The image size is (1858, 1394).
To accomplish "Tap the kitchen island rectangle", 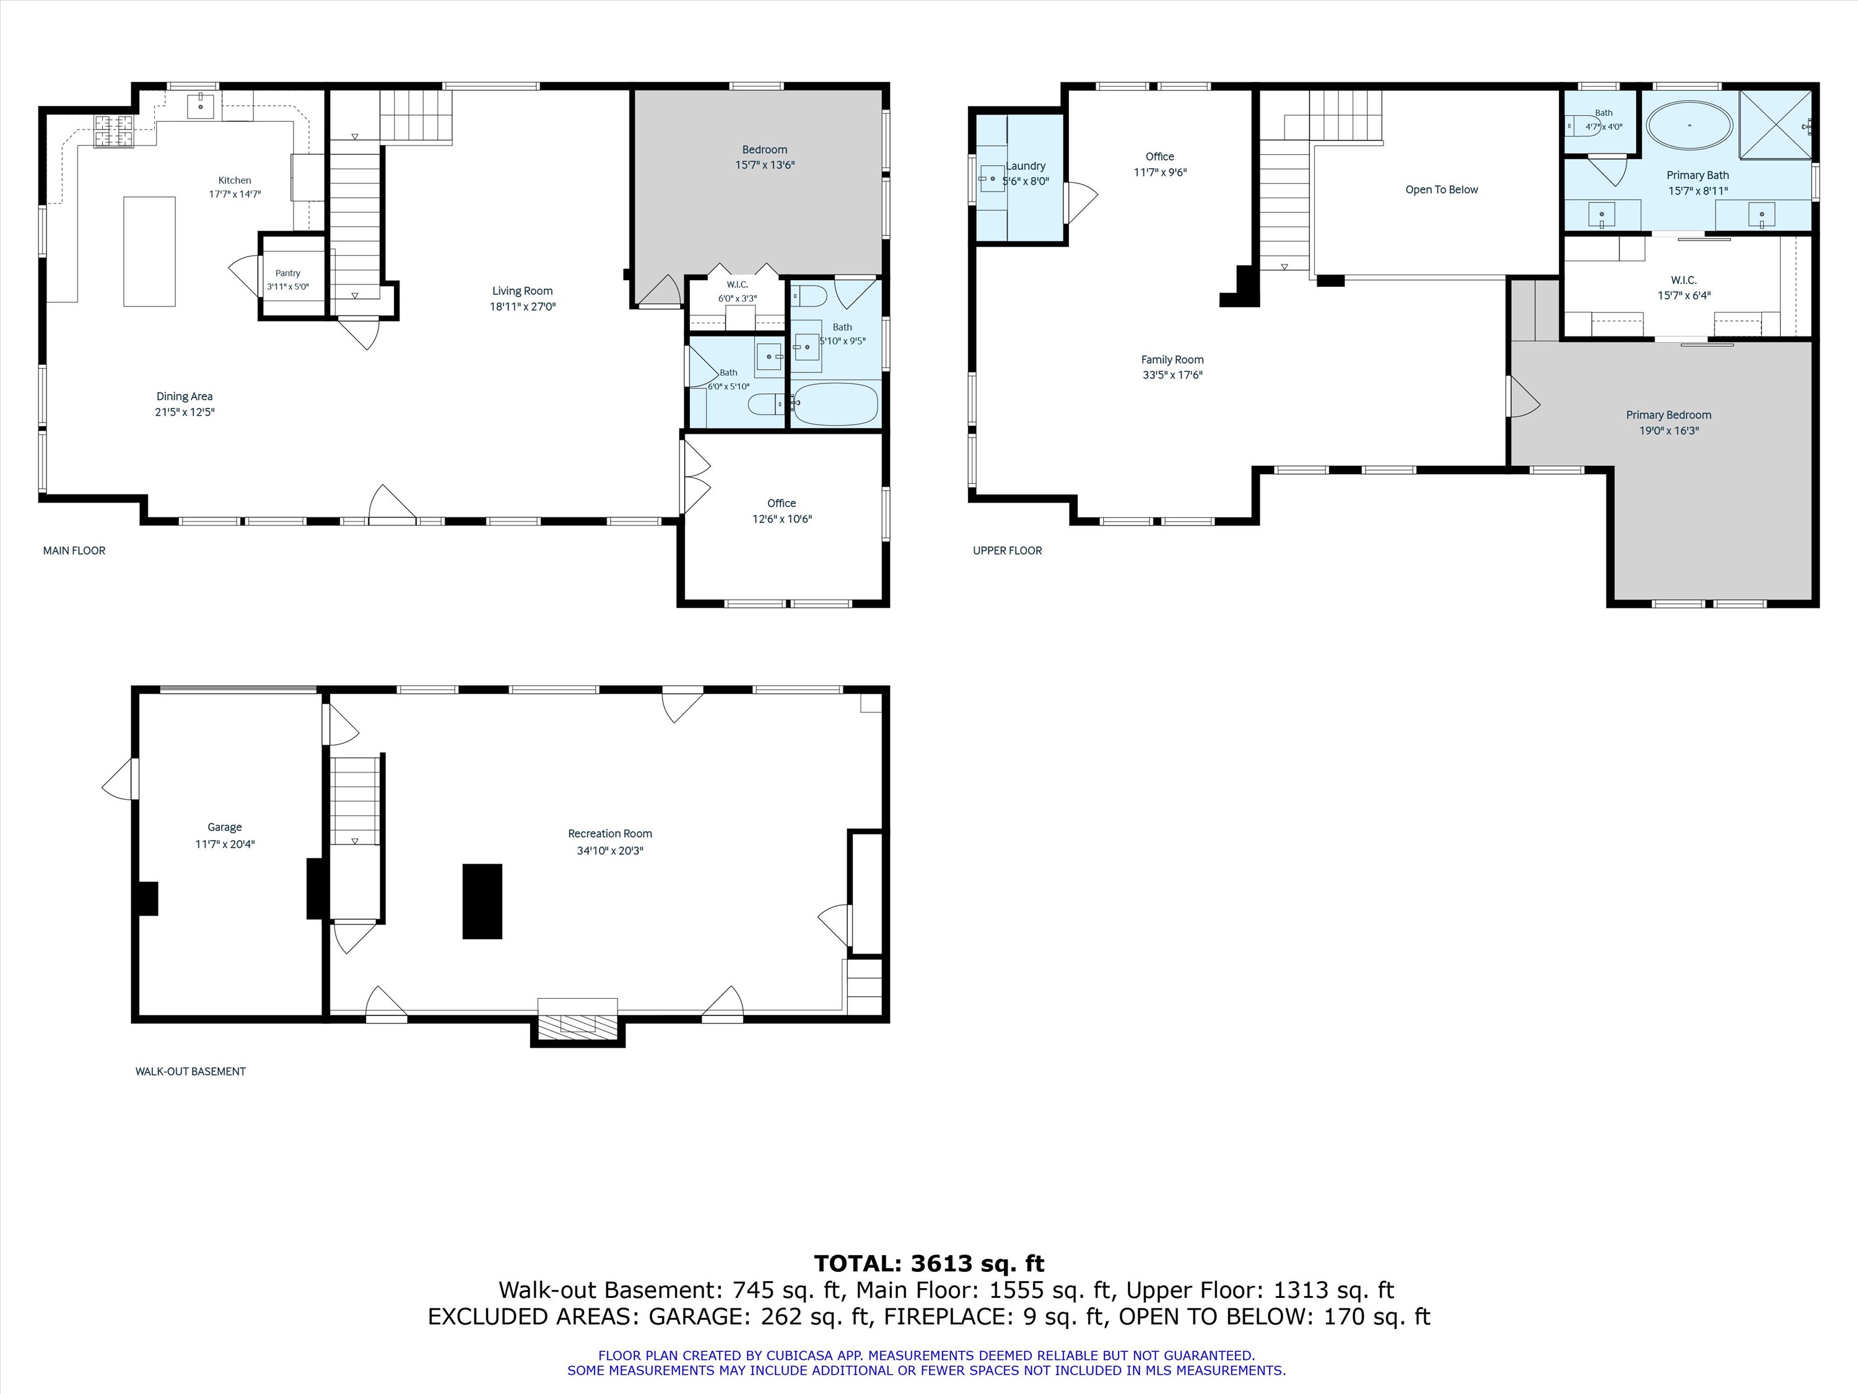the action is tap(149, 252).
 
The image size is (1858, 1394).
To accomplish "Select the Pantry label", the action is tap(287, 273).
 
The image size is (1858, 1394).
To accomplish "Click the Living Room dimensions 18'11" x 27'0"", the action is tap(523, 307).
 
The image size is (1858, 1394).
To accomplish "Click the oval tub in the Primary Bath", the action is tap(1688, 126).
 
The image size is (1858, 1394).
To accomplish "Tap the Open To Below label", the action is tap(1441, 190).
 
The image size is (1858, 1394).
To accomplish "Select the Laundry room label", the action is tap(1026, 167).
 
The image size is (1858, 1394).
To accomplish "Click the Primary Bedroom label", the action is tap(1668, 415).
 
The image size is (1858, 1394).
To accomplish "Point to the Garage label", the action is tap(224, 828).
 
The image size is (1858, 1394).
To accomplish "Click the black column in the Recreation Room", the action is tap(482, 901).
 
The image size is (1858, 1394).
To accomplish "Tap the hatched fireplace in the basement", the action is tap(578, 1024).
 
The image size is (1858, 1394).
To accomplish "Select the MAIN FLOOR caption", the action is tap(74, 550).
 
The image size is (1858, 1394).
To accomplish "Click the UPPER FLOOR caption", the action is tap(1007, 550).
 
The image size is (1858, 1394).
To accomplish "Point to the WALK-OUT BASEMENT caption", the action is tap(191, 1071).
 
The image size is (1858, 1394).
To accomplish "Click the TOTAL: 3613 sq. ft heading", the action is tap(929, 1264).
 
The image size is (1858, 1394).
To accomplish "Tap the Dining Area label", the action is tap(184, 397).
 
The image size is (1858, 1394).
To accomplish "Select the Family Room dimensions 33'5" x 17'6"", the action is tap(1172, 375).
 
